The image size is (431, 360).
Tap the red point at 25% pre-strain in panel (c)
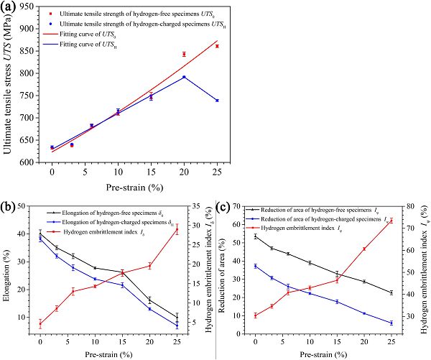pyautogui.click(x=391, y=221)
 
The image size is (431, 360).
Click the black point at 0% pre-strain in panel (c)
pyautogui.click(x=255, y=236)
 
